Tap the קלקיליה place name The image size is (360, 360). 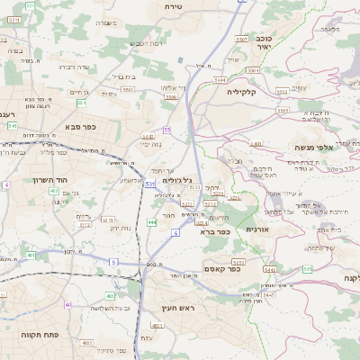242,92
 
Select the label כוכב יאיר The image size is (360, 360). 263,42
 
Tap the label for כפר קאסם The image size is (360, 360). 220,267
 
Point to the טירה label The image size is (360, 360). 174,6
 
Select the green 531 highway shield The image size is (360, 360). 148,183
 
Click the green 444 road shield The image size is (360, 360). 152,221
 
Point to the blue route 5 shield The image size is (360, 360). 113,261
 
